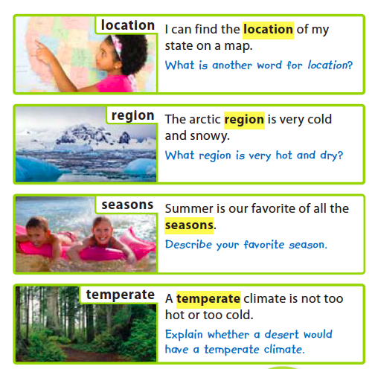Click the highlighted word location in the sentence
point(268,30)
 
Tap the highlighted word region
point(244,121)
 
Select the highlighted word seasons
point(189,225)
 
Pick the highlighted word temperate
point(208,299)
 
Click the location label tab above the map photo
point(128,25)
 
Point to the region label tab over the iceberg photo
point(133,115)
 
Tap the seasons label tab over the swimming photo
point(127,205)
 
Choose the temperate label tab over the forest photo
point(120,295)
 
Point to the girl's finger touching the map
point(37,43)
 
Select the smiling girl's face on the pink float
point(102,231)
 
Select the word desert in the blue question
point(281,335)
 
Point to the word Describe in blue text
point(188,245)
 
